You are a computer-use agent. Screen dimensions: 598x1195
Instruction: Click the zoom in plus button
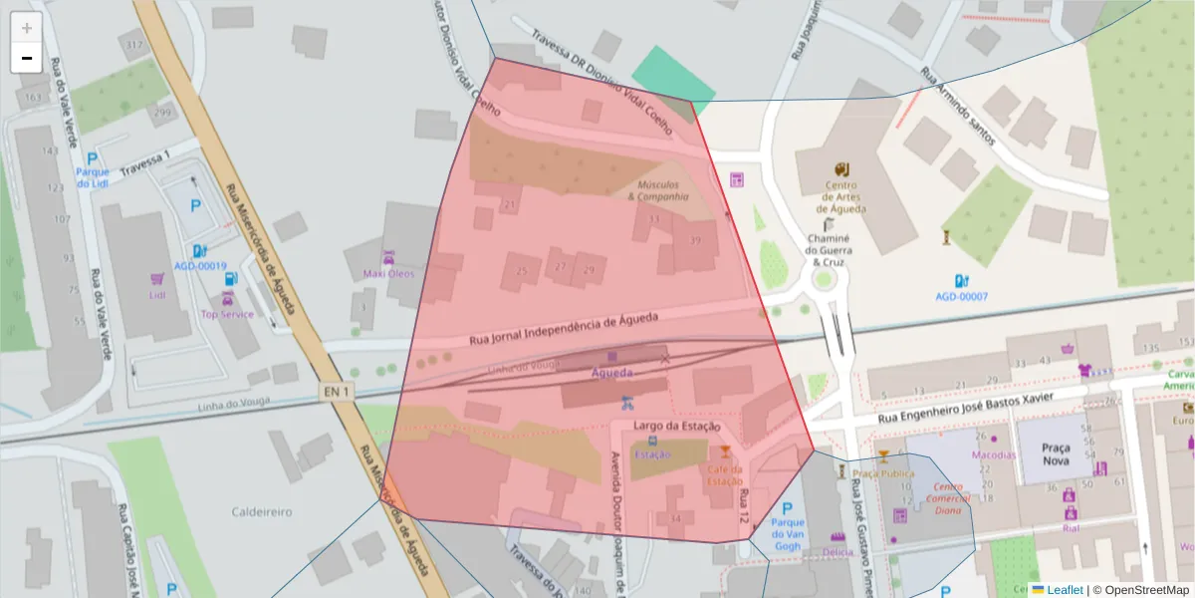(x=27, y=28)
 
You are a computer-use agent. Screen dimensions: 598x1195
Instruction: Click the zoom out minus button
(x=27, y=58)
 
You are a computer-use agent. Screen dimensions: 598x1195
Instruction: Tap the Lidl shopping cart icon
(x=156, y=280)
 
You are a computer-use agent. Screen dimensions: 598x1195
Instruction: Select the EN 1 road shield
(x=335, y=392)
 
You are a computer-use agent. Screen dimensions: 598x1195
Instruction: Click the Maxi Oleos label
(x=388, y=273)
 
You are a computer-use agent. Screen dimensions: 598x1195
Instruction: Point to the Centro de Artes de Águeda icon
(x=841, y=168)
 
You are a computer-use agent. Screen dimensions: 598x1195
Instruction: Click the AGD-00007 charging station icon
(x=961, y=281)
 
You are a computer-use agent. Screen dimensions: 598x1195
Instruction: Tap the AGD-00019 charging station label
(x=200, y=266)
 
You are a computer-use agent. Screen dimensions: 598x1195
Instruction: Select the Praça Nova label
(x=1055, y=454)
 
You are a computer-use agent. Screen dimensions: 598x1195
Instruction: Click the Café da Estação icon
(x=725, y=453)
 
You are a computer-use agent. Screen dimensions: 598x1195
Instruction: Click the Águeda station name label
(x=611, y=373)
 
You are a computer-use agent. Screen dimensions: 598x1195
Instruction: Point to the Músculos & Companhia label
(x=657, y=190)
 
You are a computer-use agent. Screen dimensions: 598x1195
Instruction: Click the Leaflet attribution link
(x=1064, y=590)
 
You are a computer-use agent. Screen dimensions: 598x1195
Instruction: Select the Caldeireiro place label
(x=262, y=511)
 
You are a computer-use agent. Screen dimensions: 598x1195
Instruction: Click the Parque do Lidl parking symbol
(x=93, y=158)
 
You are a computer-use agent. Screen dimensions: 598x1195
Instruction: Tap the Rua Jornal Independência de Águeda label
(x=563, y=331)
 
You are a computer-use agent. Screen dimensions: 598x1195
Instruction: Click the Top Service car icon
(x=228, y=299)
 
